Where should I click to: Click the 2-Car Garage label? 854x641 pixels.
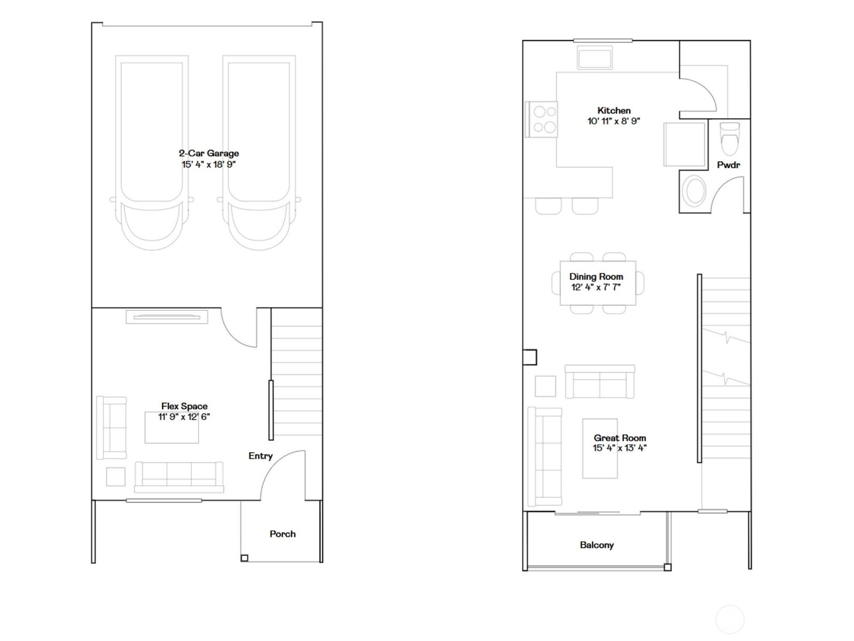point(209,153)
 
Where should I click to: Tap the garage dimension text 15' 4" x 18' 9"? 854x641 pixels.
point(209,165)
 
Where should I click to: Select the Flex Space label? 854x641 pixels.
point(184,407)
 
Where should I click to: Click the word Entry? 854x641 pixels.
point(260,456)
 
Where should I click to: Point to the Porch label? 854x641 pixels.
point(282,534)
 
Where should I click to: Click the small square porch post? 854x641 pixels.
point(244,558)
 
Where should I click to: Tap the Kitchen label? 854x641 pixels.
point(614,111)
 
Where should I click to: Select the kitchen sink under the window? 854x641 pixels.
point(595,58)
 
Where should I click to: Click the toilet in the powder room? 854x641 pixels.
point(730,138)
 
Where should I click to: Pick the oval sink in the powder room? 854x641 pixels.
point(694,191)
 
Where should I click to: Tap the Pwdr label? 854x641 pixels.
point(728,165)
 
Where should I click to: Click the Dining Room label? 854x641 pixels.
point(596,277)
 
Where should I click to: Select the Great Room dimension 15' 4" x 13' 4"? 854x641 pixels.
point(619,448)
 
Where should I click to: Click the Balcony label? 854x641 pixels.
point(597,545)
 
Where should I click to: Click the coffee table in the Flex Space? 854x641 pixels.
point(171,427)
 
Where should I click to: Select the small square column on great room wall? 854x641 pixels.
point(529,357)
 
